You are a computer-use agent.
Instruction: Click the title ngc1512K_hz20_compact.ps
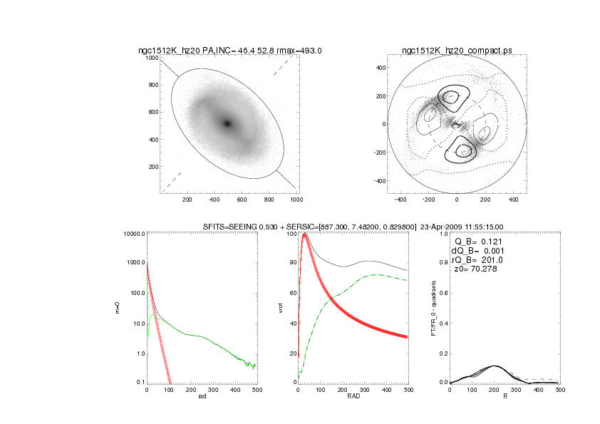click(x=456, y=50)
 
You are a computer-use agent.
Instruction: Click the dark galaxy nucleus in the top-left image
click(x=227, y=123)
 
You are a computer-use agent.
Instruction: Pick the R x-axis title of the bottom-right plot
click(x=505, y=396)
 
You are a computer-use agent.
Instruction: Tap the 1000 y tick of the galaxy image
click(x=151, y=58)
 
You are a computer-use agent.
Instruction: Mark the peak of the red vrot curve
click(x=306, y=234)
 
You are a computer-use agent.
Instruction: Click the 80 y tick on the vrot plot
click(x=290, y=263)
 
